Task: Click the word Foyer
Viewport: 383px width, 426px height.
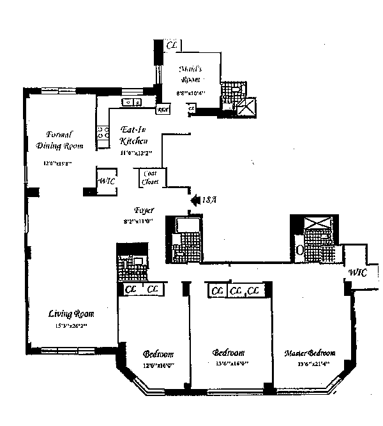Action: click(x=143, y=210)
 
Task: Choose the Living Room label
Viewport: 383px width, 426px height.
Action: click(x=71, y=314)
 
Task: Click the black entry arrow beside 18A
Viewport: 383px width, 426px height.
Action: click(x=194, y=200)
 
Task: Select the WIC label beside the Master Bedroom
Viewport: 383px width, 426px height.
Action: click(x=358, y=273)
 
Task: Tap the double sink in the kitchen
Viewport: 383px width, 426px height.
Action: click(x=133, y=102)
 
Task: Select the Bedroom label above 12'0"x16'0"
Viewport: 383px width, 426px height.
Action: click(x=158, y=354)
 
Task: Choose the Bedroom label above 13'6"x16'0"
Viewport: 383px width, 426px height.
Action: click(x=229, y=353)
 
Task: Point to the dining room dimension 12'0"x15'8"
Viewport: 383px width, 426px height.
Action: click(x=57, y=163)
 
